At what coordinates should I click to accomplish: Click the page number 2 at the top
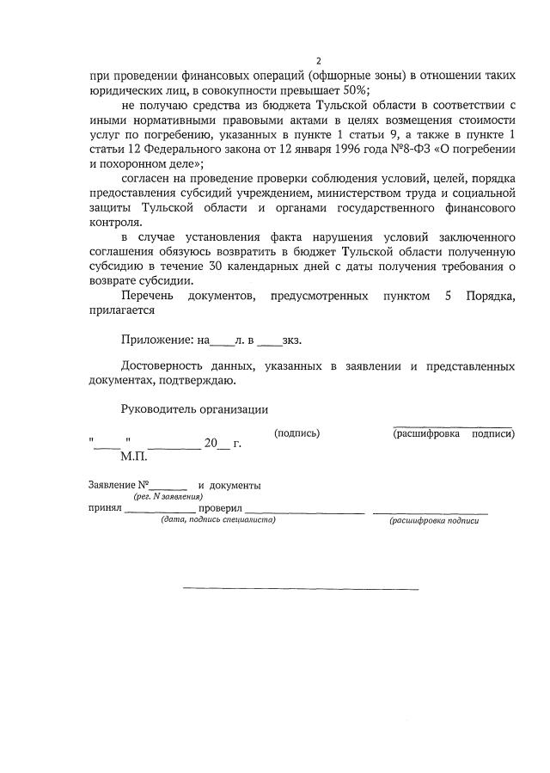click(x=317, y=60)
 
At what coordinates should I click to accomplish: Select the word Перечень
click(x=150, y=296)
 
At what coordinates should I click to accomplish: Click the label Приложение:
click(x=157, y=340)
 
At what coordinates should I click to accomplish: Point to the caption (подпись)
click(x=296, y=433)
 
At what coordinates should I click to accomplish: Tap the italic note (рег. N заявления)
click(x=168, y=497)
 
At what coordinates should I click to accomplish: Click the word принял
click(x=105, y=508)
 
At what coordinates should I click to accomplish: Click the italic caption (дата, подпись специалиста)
click(x=212, y=520)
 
